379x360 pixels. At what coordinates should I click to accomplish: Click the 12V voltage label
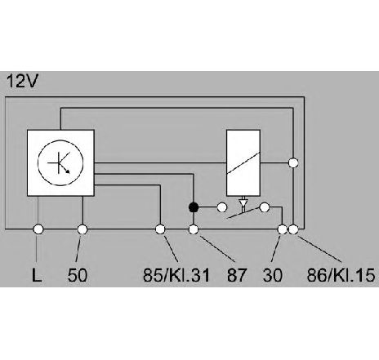click(x=22, y=81)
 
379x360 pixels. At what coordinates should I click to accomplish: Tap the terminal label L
click(x=37, y=275)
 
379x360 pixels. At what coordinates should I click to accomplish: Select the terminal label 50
click(x=78, y=275)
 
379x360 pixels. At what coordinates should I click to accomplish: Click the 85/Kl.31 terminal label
click(x=176, y=275)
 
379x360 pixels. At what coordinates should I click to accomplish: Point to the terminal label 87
click(x=237, y=275)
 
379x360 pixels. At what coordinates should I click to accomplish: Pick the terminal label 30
click(x=273, y=275)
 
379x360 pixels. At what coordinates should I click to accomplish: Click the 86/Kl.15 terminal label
click(x=341, y=275)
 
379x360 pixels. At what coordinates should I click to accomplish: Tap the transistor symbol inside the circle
click(x=60, y=163)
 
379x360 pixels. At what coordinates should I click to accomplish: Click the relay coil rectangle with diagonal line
click(x=243, y=162)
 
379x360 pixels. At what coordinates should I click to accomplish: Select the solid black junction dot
click(x=194, y=207)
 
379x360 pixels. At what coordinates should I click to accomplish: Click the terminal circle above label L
click(x=38, y=229)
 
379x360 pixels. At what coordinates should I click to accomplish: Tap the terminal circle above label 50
click(x=82, y=229)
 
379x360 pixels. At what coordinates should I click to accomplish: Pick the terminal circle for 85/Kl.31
click(x=160, y=229)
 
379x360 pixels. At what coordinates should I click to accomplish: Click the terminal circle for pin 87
click(x=194, y=229)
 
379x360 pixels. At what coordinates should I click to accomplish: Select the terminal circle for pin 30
click(x=283, y=229)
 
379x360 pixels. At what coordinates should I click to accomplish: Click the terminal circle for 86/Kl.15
click(x=293, y=229)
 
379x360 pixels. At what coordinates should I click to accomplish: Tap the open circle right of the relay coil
click(x=293, y=162)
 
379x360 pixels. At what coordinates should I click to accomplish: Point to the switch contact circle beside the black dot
click(x=222, y=207)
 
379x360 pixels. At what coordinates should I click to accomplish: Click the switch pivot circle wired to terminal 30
click(x=265, y=207)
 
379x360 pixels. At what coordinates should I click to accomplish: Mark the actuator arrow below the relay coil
click(x=243, y=203)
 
